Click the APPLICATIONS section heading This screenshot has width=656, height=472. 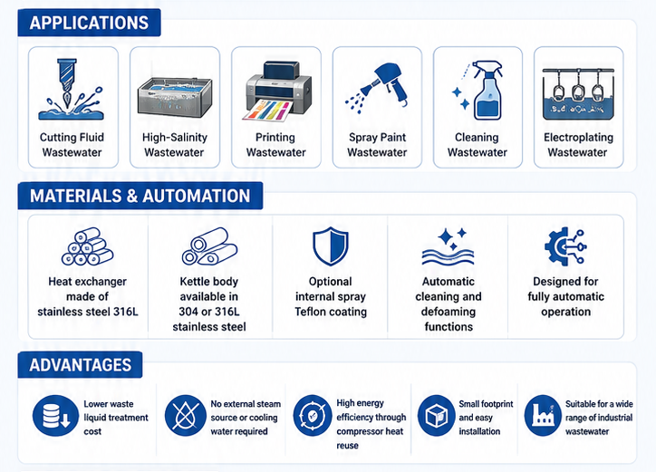pyautogui.click(x=89, y=23)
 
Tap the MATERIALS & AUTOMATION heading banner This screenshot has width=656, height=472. pyautogui.click(x=140, y=196)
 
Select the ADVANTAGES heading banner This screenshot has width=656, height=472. pyautogui.click(x=80, y=365)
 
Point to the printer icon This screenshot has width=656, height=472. pyautogui.click(x=277, y=92)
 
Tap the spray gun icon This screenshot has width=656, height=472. pyautogui.click(x=376, y=88)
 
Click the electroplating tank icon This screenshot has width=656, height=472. pyautogui.click(x=578, y=93)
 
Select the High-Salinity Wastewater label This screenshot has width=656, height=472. pyautogui.click(x=175, y=145)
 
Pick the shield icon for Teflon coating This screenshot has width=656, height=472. pyautogui.click(x=331, y=246)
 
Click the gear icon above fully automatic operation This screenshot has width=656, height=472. pyautogui.click(x=565, y=246)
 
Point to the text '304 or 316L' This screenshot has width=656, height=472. pyautogui.click(x=209, y=312)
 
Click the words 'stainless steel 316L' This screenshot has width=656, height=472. pyautogui.click(x=88, y=312)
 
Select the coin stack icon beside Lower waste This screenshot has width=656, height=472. pyautogui.click(x=55, y=416)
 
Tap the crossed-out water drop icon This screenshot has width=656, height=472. pyautogui.click(x=186, y=416)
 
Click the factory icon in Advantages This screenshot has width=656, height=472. pyautogui.click(x=543, y=416)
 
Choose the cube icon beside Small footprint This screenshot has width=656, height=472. pyautogui.click(x=437, y=416)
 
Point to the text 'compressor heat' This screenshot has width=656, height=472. pyautogui.click(x=370, y=431)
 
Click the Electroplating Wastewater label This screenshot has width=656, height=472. pyautogui.click(x=578, y=145)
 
